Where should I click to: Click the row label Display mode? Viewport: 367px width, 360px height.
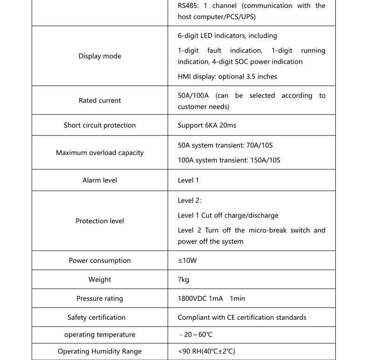[x=100, y=56]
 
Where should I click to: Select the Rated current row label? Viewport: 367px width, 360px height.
[x=100, y=100]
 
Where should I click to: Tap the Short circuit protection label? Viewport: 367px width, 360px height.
[x=100, y=125]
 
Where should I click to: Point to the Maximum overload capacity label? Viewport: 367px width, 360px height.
[x=100, y=153]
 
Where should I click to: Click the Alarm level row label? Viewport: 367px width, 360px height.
[x=100, y=180]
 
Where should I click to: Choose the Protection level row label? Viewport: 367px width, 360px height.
[x=100, y=221]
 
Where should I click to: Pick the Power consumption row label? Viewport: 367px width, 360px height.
[x=100, y=260]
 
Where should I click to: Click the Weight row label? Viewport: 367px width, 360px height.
[x=100, y=280]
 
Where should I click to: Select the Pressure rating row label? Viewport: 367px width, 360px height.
[x=100, y=299]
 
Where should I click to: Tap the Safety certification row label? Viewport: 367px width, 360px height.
[x=96, y=318]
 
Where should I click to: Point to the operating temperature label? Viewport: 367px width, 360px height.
[x=100, y=335]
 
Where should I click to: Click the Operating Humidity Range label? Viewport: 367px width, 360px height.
[x=100, y=352]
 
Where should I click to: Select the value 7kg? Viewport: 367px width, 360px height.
[x=183, y=280]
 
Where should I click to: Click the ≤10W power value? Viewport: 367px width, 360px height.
[x=187, y=260]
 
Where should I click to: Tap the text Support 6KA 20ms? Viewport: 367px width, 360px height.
[x=207, y=125]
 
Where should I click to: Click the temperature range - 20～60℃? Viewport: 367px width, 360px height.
[x=196, y=335]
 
